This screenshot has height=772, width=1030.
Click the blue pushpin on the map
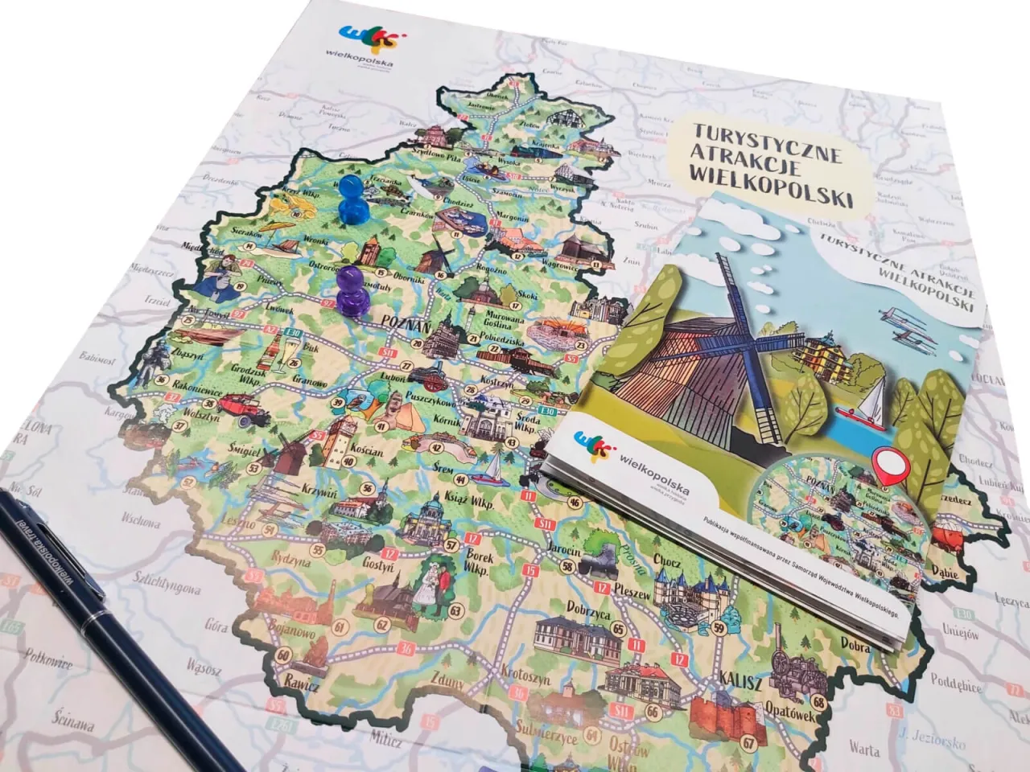pyautogui.click(x=351, y=201)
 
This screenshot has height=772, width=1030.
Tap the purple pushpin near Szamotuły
pyautogui.click(x=352, y=290)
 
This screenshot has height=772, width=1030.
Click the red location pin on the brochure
pyautogui.click(x=888, y=467)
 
